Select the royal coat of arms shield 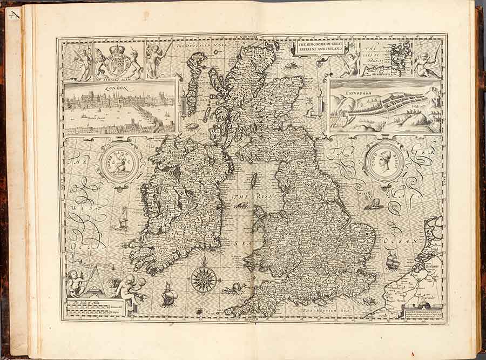point(118,62)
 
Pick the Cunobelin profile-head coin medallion point(385,160)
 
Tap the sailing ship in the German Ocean point(393,262)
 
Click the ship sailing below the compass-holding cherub point(169,294)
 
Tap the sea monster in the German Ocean point(373,203)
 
